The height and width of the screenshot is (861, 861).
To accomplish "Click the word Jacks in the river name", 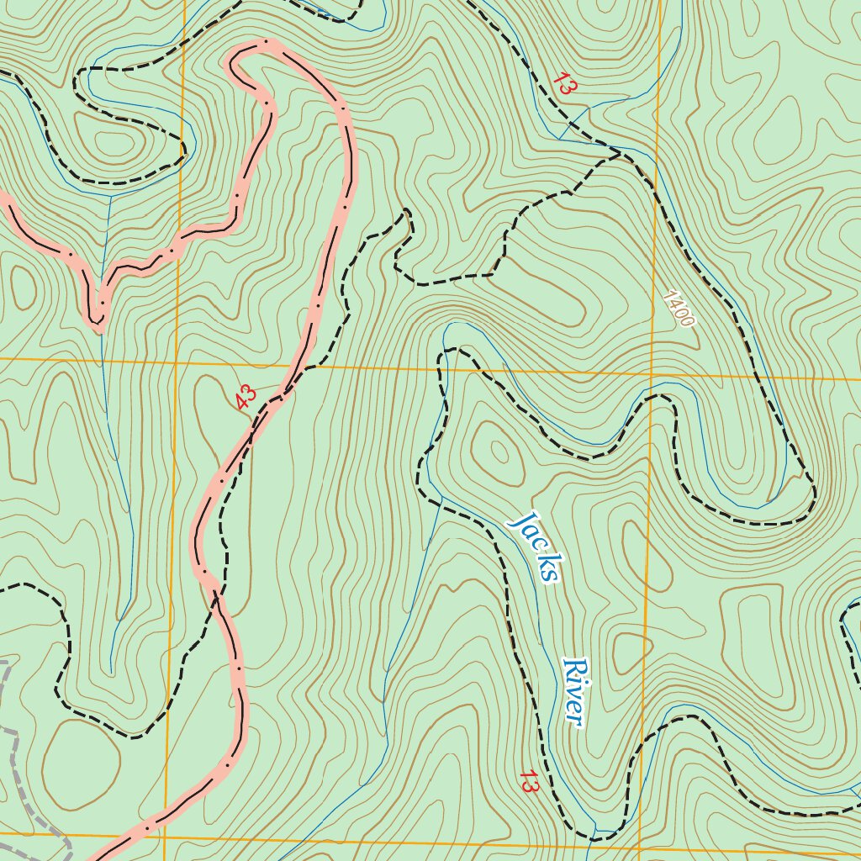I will pos(534,547).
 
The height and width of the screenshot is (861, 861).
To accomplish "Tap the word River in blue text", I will pos(573,691).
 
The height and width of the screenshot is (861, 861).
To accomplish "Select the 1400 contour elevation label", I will pos(678,309).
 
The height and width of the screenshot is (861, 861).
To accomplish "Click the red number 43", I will pos(246,397).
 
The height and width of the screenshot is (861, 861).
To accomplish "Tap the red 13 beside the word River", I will pos(529,781).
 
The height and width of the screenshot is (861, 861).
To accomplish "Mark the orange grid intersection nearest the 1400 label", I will pos(652,372).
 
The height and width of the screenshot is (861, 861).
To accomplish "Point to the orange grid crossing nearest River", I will pos(641,843).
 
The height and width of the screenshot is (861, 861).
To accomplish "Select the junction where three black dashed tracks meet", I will pos(619,154).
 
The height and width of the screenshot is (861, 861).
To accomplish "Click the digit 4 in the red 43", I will pos(241,402).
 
